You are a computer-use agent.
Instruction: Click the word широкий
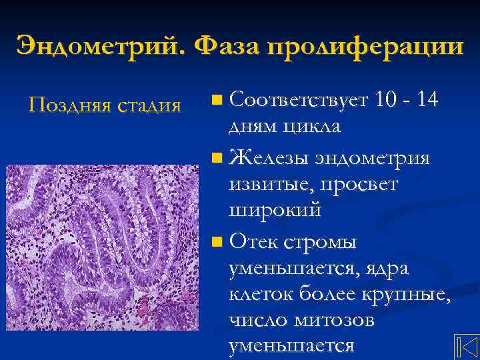click(x=275, y=211)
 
